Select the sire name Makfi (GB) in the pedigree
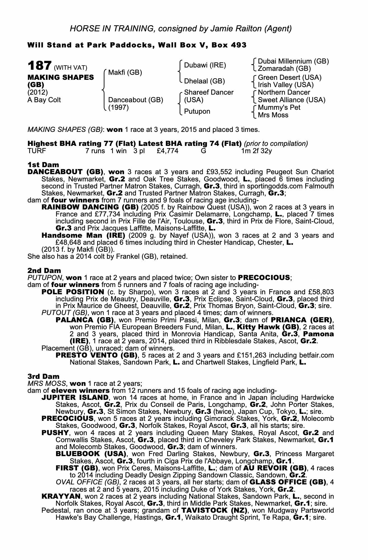(x=125, y=73)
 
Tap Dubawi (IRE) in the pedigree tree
(x=205, y=65)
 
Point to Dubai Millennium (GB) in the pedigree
(x=293, y=61)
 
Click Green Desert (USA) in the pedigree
(x=289, y=77)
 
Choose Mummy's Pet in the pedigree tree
(x=279, y=108)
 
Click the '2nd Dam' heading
(x=44, y=270)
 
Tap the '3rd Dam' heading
(x=43, y=376)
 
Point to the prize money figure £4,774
(x=167, y=151)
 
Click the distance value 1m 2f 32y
(x=257, y=151)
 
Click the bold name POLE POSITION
(x=73, y=292)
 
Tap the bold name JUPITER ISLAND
(x=75, y=398)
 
